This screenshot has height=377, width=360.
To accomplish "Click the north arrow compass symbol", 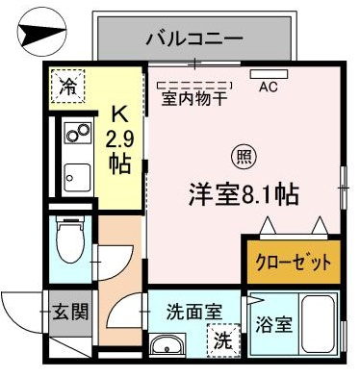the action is (x=41, y=32).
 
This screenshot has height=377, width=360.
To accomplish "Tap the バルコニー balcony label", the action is (x=194, y=39).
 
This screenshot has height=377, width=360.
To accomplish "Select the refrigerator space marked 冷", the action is (x=66, y=86).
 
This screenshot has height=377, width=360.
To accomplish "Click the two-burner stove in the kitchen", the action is (x=77, y=133).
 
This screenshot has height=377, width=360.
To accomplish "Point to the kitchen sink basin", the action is (x=77, y=178).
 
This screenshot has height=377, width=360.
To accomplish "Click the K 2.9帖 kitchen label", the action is (x=120, y=140).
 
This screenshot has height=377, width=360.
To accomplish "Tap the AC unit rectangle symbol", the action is (x=269, y=74).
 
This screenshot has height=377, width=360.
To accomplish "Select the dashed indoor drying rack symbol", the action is (x=194, y=86).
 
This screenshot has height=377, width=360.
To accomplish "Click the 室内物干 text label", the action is (x=194, y=98).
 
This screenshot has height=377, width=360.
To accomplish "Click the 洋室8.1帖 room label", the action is (x=244, y=194).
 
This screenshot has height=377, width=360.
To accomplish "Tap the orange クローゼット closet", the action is (x=294, y=262).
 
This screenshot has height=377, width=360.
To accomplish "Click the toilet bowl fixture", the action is (x=70, y=239).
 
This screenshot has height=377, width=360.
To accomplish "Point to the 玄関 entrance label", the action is (x=70, y=311).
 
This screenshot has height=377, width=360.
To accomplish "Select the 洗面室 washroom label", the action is (x=194, y=312).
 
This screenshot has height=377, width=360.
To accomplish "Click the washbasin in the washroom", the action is (x=167, y=346).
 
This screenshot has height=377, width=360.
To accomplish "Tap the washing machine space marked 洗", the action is (x=223, y=340).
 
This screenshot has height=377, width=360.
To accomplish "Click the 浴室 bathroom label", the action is (x=273, y=325).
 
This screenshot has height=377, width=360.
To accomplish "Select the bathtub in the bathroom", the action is (x=319, y=324).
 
